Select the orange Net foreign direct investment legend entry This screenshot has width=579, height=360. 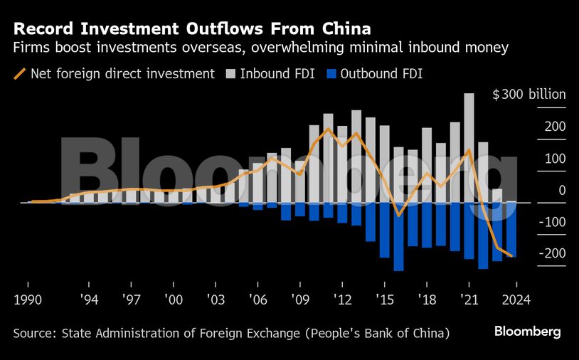point(114,73)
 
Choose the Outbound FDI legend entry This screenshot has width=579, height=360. point(375,73)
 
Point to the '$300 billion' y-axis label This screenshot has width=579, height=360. point(529,95)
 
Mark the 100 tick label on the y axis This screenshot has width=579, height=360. point(556,158)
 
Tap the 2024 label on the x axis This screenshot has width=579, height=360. point(511,299)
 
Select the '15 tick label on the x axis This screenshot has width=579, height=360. point(385,299)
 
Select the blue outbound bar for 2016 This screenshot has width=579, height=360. point(398,236)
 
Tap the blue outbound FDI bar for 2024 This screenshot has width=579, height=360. point(511,229)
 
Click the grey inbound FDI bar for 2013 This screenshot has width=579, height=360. point(356,157)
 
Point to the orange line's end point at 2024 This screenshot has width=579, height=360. point(511,255)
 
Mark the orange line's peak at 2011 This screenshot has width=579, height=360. point(328,129)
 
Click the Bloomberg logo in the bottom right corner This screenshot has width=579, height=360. point(528,332)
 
